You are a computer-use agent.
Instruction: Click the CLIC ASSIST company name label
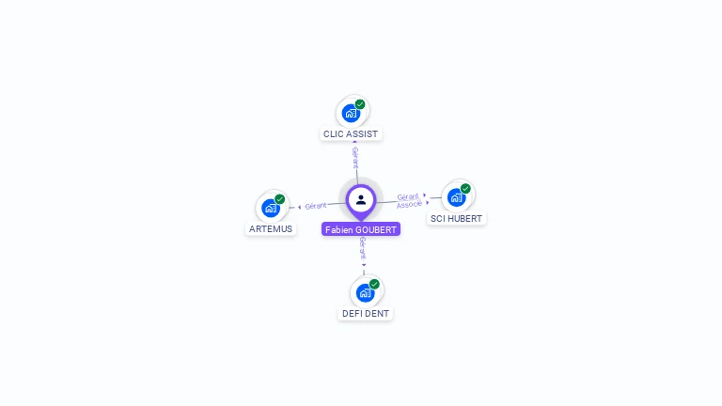point(351,133)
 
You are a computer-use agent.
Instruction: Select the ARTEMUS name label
point(271,228)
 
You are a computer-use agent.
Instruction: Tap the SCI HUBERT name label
point(456,218)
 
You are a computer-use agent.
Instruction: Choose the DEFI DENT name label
point(366,313)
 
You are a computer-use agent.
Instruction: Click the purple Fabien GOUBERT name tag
point(361,229)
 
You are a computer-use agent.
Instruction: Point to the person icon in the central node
point(361,199)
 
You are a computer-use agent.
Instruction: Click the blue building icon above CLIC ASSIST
point(351,113)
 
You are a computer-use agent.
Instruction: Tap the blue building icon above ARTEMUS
point(271,208)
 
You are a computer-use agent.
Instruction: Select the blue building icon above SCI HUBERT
point(456,197)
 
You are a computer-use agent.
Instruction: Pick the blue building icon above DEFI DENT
point(365,292)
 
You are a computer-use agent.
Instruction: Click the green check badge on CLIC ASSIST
point(360,104)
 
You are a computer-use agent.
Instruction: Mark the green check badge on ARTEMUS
point(279,199)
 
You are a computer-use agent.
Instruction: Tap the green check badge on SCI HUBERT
point(465,189)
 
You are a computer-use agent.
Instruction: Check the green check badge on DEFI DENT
point(374,284)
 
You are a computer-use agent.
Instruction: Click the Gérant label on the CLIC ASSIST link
point(355,156)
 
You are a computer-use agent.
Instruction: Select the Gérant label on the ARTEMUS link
point(316,205)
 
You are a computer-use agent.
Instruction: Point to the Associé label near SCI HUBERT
point(409,204)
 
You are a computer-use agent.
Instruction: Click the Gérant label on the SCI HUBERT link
point(408,196)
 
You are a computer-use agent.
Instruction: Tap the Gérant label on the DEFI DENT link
point(363,248)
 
